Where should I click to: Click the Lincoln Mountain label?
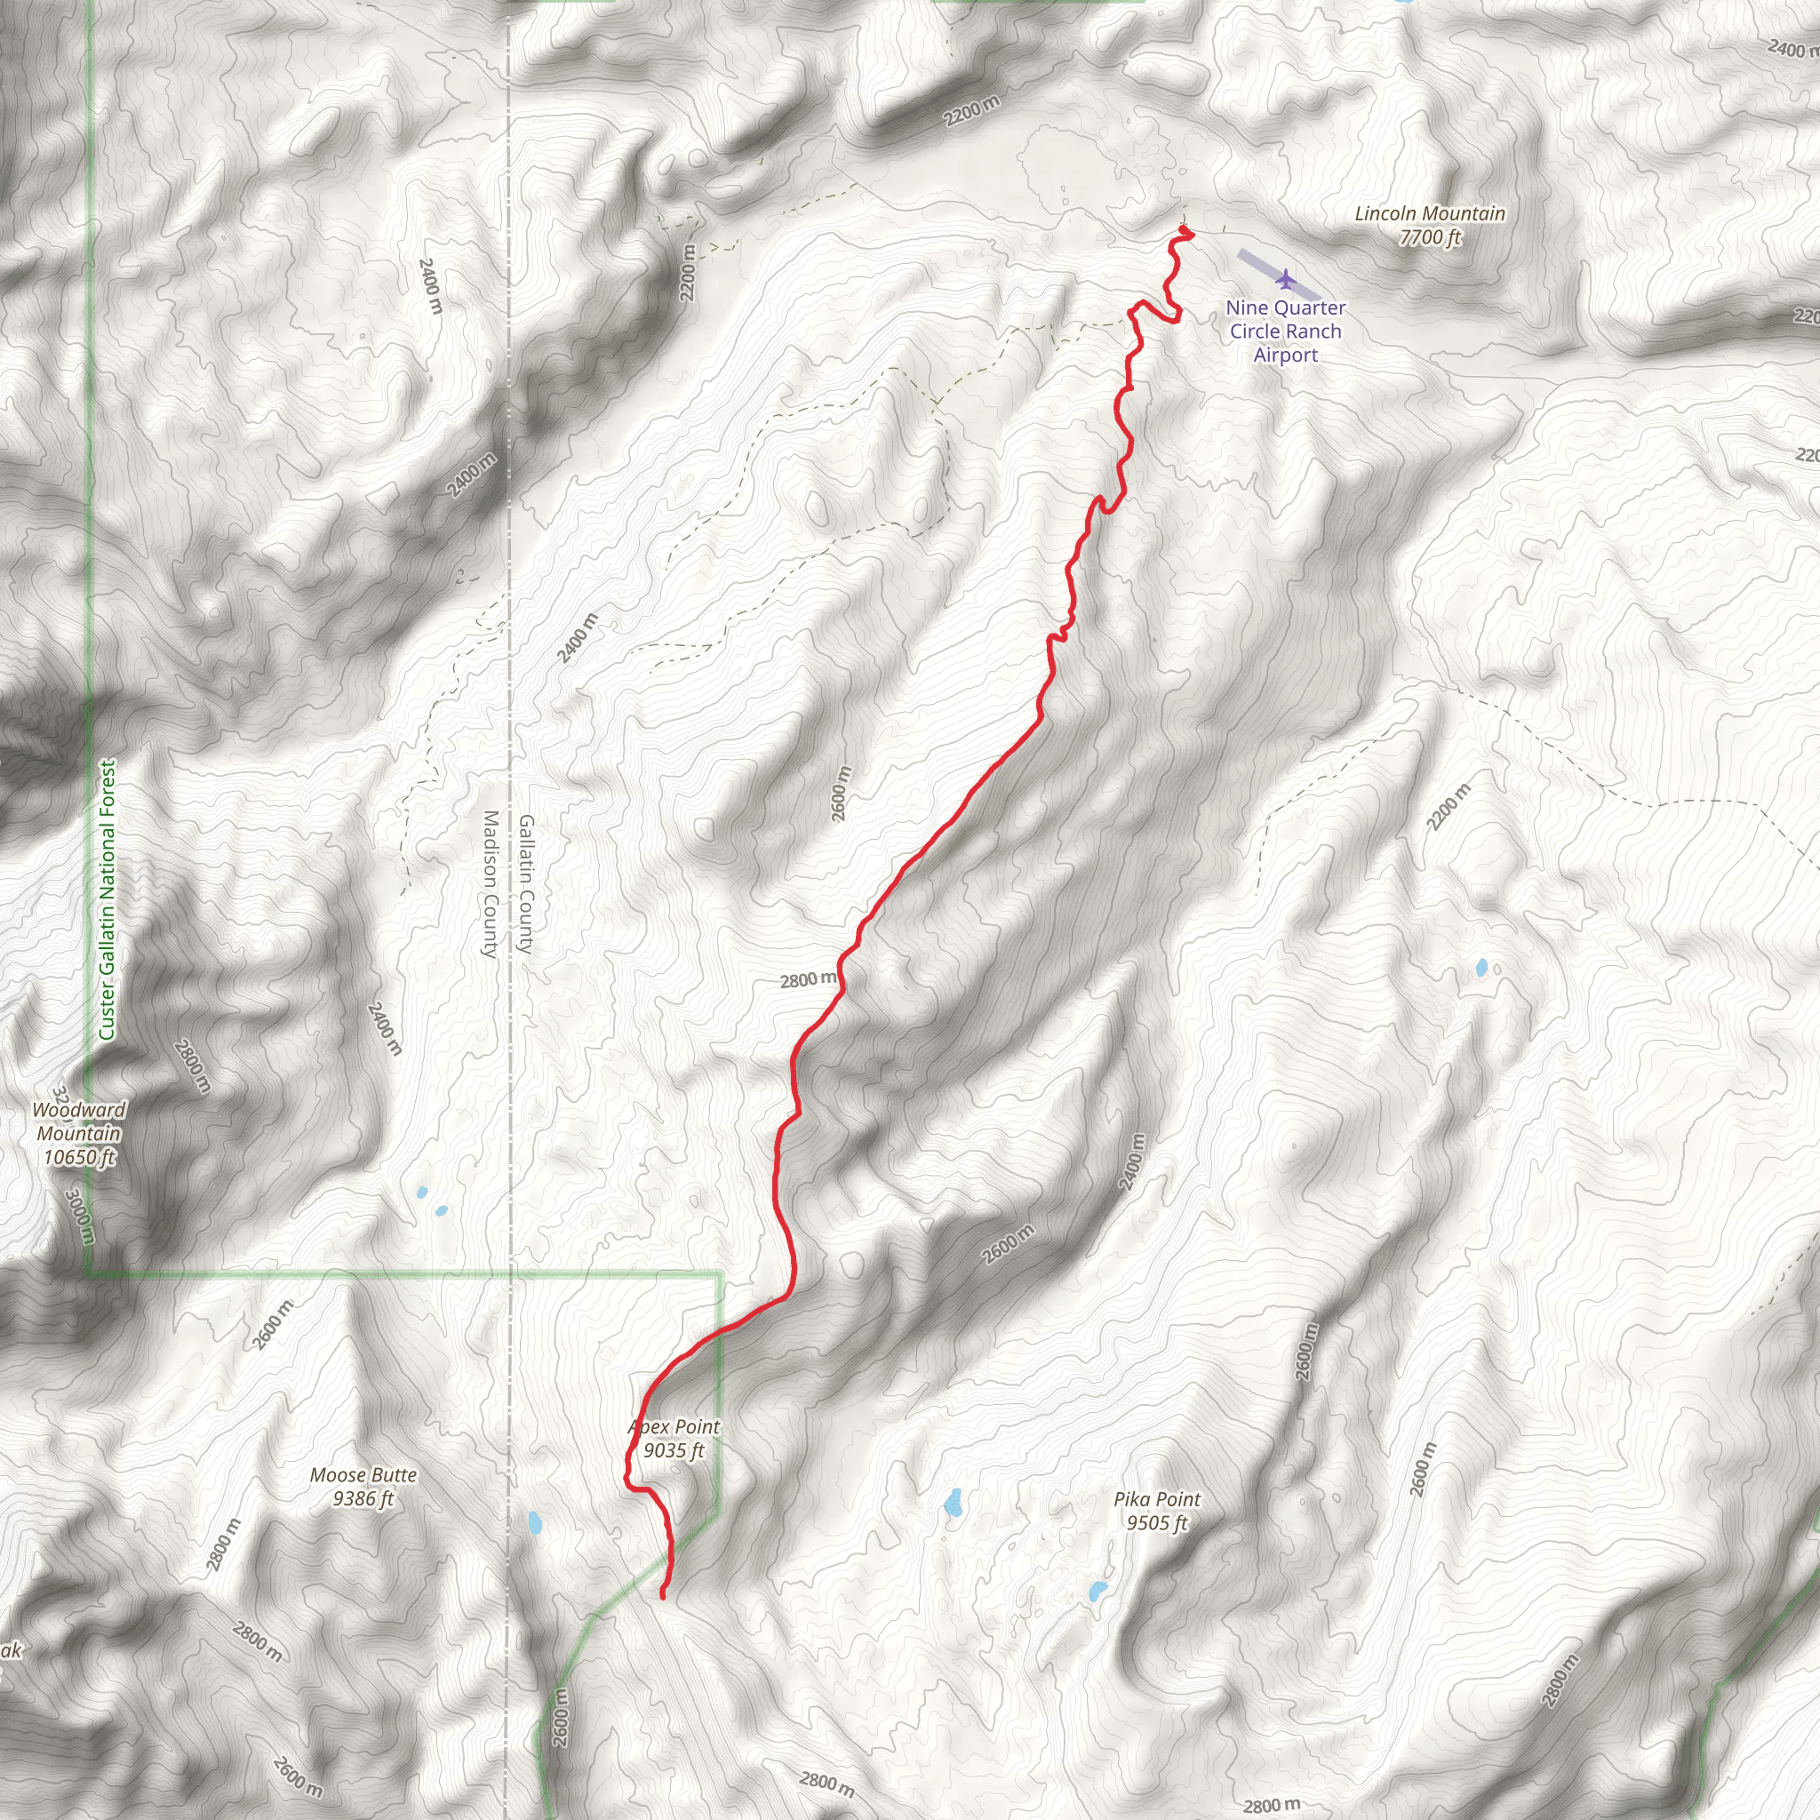point(1429,214)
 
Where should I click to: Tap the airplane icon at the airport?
point(1285,279)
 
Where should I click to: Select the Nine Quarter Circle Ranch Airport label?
point(1285,331)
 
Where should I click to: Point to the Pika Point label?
point(1157,1499)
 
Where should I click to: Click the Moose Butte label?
point(363,1474)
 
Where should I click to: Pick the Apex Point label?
point(675,1427)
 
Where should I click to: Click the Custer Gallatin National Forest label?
point(108,899)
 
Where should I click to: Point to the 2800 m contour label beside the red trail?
point(807,979)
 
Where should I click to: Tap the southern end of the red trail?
point(663,1595)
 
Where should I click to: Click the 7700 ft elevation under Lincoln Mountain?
point(1429,237)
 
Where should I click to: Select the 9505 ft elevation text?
point(1157,1522)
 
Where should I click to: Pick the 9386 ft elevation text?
point(363,1497)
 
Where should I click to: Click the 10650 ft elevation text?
point(79,1157)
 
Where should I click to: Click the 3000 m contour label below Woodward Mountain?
point(81,1215)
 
